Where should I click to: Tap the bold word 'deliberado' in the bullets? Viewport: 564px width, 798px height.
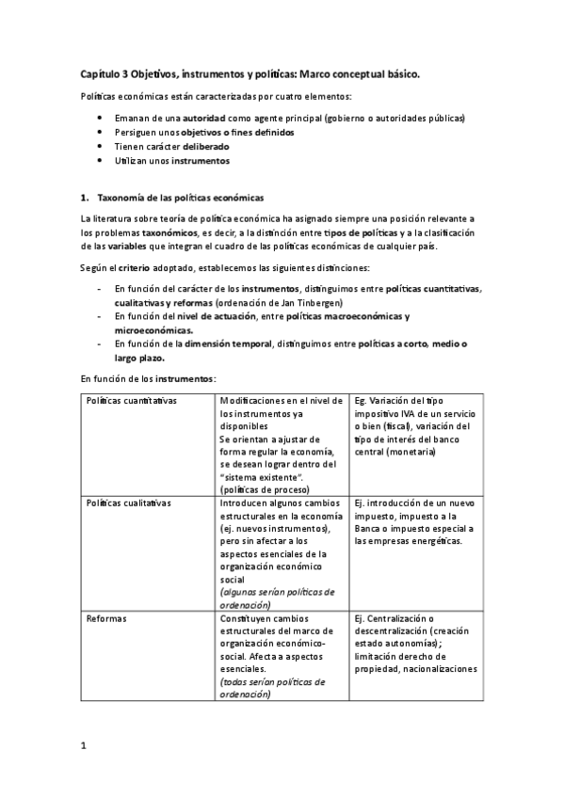click(x=199, y=147)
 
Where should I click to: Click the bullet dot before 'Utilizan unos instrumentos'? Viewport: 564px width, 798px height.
click(x=101, y=161)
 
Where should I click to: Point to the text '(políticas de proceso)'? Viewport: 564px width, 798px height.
click(x=258, y=489)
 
